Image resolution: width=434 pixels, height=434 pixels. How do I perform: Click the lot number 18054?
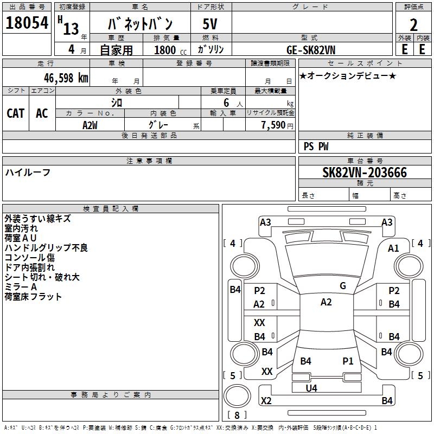pos(27,23)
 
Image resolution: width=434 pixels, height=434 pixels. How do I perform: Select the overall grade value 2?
pos(413,25)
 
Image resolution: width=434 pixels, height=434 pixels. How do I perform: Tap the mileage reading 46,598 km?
pos(66,78)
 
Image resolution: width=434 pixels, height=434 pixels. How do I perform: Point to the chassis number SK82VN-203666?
pos(365,173)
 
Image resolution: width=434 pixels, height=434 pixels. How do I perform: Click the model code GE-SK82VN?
pos(311,50)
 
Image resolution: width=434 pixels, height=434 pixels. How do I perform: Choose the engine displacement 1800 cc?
pos(170,50)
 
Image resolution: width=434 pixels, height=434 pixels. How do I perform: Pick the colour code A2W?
pos(90,125)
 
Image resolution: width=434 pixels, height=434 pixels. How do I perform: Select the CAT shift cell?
pos(16,113)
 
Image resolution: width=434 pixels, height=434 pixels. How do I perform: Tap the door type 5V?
pos(210,24)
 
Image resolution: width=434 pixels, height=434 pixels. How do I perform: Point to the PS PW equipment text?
pos(316,146)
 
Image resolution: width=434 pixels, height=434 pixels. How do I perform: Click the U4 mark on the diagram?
pos(311,388)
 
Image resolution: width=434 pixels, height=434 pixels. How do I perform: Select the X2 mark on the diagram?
pos(266,400)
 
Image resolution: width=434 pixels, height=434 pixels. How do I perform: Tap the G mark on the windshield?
pos(343,286)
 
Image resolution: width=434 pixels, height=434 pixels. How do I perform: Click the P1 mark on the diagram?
pos(348,361)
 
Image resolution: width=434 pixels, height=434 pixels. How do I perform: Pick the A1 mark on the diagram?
pos(393,248)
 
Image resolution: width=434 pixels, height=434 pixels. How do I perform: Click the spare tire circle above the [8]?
pos(237,396)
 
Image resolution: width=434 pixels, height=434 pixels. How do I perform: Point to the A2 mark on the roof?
pos(326,302)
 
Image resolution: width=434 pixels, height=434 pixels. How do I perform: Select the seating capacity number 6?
pos(226,103)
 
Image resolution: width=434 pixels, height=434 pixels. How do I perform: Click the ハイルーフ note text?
pos(28,173)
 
